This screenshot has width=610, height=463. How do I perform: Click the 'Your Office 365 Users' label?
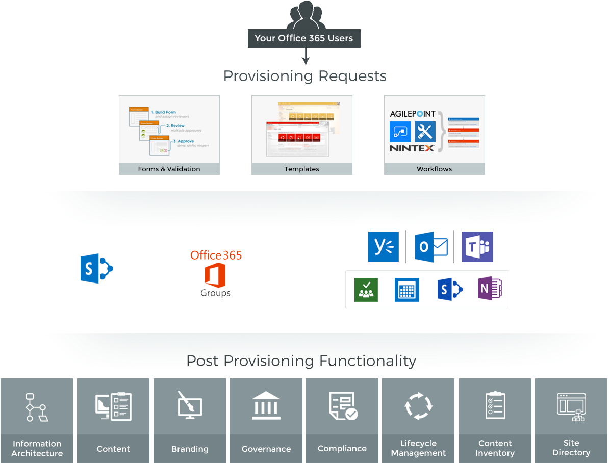[304, 38]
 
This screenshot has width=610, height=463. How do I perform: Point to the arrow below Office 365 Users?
[305, 57]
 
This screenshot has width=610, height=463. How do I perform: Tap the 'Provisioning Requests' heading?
[304, 76]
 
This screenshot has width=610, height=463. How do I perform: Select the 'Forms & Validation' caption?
[169, 169]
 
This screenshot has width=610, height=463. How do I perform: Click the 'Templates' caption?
[301, 169]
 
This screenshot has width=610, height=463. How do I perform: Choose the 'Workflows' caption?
[434, 169]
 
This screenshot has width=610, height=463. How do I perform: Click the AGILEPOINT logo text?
[413, 114]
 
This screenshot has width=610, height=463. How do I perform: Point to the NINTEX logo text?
[412, 148]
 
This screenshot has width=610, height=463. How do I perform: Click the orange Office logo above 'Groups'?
[215, 275]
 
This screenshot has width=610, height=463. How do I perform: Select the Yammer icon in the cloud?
[383, 247]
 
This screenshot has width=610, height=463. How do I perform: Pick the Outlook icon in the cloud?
[430, 247]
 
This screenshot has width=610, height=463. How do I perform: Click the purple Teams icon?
[477, 247]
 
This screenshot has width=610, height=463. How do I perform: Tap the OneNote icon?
[490, 290]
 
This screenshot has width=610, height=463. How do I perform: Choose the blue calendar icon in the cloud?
[406, 290]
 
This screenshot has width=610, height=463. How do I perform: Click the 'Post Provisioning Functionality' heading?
[301, 361]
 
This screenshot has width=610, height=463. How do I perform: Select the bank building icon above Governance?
[266, 406]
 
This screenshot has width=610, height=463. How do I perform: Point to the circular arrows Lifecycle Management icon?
[418, 406]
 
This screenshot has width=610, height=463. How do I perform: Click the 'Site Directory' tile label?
[571, 448]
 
